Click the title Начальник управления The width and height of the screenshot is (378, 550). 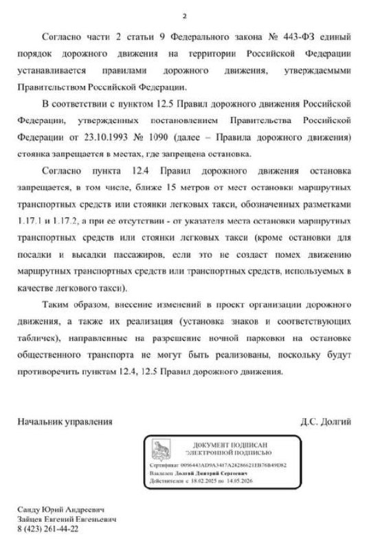click(x=65, y=421)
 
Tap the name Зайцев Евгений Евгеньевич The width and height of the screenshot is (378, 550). click(x=67, y=520)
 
